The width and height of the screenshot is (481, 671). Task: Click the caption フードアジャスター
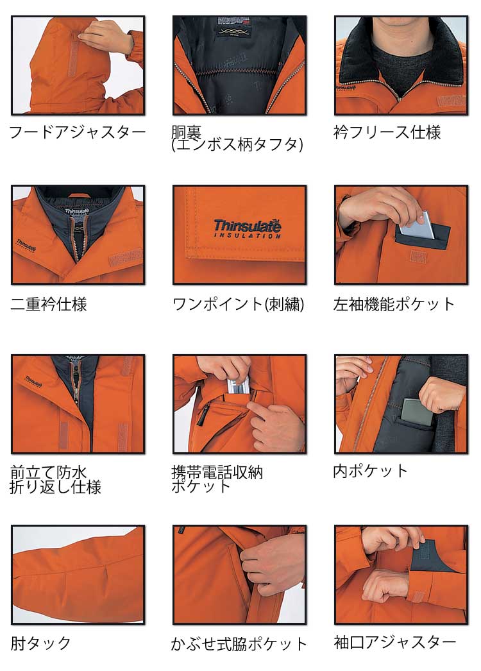pos(78,132)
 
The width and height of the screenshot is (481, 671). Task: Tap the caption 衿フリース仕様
pos(387,132)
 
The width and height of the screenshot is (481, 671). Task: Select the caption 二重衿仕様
pos(49,304)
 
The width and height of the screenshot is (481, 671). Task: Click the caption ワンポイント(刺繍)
pos(239,304)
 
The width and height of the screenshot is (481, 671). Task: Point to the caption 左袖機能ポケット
pos(394,304)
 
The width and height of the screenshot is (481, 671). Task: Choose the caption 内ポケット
pos(370,471)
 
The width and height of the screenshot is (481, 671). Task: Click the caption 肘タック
pos(40,643)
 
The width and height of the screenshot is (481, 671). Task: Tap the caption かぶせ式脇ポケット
pos(239,643)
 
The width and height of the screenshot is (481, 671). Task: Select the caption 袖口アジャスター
pos(395,642)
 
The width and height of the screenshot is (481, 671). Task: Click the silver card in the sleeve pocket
pos(418,225)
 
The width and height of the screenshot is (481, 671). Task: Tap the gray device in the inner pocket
pos(417,412)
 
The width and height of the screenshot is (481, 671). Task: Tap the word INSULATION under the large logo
pos(248,235)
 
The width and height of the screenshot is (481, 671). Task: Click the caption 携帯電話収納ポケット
pos(217,479)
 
